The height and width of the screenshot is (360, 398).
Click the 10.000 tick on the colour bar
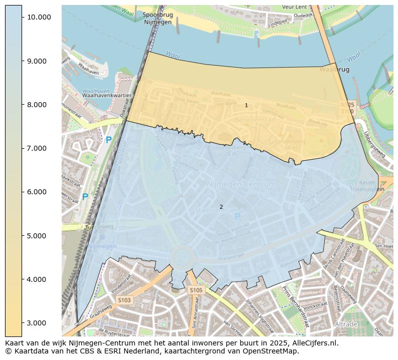39,17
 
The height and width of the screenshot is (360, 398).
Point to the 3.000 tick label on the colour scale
39,323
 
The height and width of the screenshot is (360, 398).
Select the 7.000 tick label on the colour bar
39,148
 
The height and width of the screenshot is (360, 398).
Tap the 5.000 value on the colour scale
39,236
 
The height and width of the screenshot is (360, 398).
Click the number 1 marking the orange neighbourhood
246,105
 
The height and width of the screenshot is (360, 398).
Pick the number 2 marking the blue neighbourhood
221,207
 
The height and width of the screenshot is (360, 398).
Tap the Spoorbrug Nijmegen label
157,19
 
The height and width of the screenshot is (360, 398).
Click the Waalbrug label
334,70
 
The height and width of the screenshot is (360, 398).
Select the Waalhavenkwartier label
107,95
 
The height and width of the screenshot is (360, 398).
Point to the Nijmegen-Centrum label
241,184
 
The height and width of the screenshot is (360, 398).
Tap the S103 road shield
124,300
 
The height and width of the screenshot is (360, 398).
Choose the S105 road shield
195,290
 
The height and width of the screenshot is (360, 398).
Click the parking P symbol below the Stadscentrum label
238,216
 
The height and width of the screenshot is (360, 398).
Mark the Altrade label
346,324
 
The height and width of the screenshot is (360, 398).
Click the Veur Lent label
294,8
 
